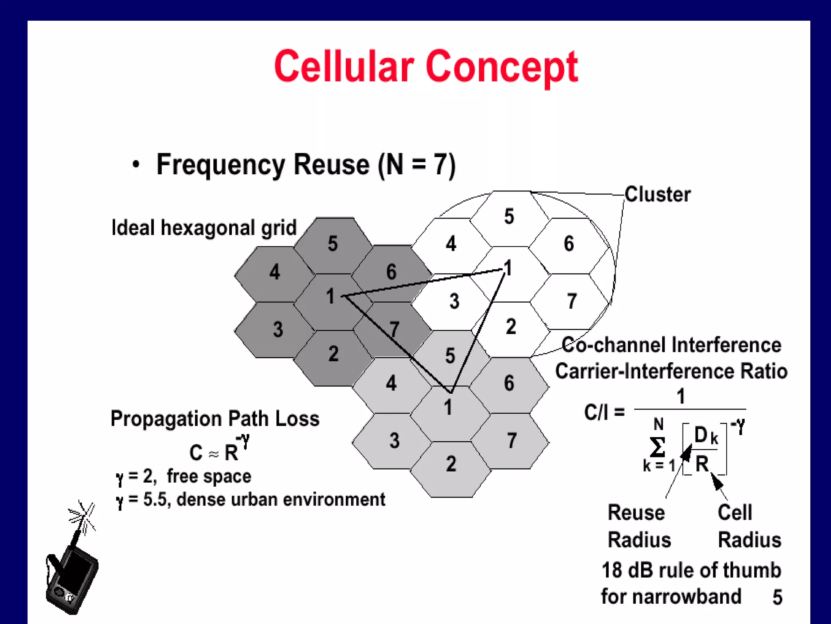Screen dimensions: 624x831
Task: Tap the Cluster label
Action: [657, 194]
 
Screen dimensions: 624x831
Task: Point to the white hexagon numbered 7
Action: [571, 301]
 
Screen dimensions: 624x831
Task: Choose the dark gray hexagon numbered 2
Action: [333, 355]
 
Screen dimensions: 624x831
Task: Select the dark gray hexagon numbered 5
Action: [333, 244]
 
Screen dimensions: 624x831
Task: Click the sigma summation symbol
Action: [657, 447]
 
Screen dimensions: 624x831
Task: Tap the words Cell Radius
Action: [749, 526]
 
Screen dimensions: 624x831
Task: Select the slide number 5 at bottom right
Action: [777, 597]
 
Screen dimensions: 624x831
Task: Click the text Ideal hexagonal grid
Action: [204, 227]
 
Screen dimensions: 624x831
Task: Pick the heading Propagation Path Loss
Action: [215, 418]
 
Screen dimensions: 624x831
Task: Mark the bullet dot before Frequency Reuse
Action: [136, 165]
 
